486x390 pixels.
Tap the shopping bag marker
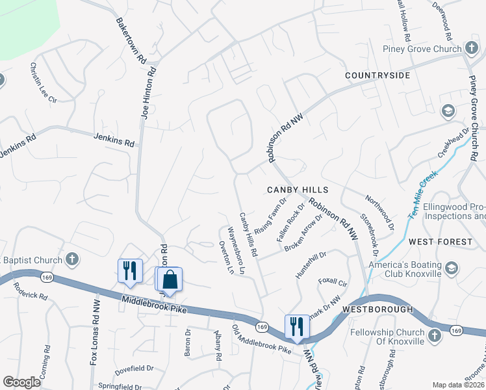pos(170,280)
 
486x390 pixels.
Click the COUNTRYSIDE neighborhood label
pos(377,76)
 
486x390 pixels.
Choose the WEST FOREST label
pos(441,242)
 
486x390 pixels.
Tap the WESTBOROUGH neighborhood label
pos(368,309)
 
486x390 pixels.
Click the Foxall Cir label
pos(333,283)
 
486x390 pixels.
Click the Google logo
pos(21,382)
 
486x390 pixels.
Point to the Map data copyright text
pos(457,385)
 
